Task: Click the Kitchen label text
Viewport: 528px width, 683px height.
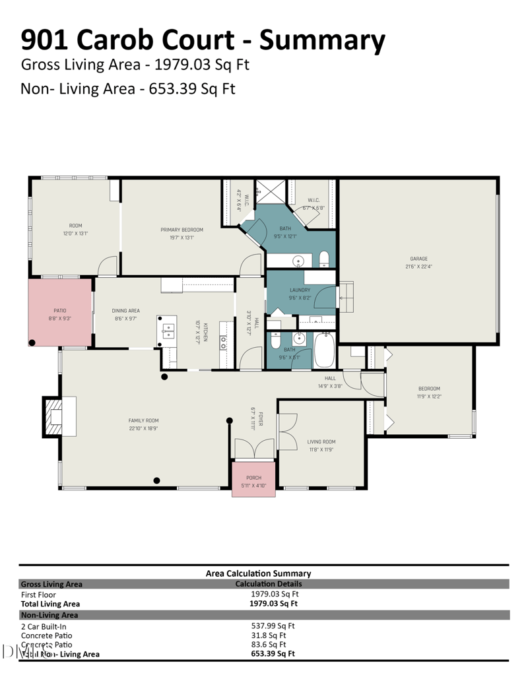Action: (205, 332)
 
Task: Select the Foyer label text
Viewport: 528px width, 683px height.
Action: (261, 419)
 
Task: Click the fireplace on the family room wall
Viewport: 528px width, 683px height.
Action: (56, 416)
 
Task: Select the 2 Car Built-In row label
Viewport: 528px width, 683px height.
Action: (44, 626)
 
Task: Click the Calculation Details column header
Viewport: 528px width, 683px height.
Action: (269, 584)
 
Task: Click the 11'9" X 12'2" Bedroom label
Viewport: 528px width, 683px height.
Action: (428, 393)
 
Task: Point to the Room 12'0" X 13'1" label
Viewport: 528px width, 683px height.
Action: (75, 230)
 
